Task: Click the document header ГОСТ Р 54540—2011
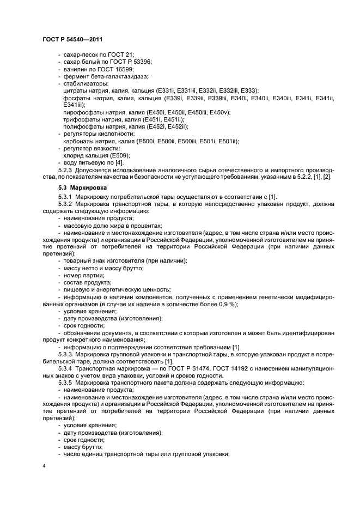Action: click(72, 39)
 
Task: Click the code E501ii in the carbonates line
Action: click(228, 141)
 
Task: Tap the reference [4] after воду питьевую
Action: click(119, 162)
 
